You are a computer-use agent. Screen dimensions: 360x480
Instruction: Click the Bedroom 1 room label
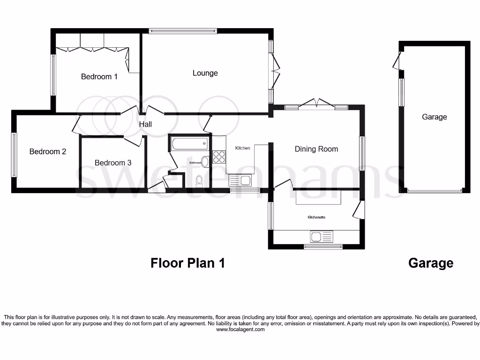99,76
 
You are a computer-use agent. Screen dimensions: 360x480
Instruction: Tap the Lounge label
205,73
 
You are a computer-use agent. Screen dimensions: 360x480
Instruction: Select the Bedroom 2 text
48,151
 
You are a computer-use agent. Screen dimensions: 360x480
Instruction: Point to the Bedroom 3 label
113,163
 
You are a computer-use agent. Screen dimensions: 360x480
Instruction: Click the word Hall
145,124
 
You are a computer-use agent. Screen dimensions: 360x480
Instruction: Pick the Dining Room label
316,149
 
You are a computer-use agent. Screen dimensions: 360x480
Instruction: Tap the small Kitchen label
242,148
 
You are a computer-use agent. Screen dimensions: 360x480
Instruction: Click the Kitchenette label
316,217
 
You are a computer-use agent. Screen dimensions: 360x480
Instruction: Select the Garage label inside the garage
434,117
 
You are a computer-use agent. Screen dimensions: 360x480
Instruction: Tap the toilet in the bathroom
199,181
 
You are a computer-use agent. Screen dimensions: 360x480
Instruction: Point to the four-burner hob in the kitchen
219,157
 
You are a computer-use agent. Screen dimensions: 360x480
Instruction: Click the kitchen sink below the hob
240,180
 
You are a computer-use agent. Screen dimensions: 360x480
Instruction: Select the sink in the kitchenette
321,236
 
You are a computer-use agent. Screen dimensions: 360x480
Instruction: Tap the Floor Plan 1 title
187,263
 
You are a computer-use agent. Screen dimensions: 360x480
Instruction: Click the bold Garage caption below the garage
431,263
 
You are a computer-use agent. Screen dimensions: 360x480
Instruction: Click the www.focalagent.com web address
240,330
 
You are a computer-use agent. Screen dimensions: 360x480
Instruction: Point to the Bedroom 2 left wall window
14,155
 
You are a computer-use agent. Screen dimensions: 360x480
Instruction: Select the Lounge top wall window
183,31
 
